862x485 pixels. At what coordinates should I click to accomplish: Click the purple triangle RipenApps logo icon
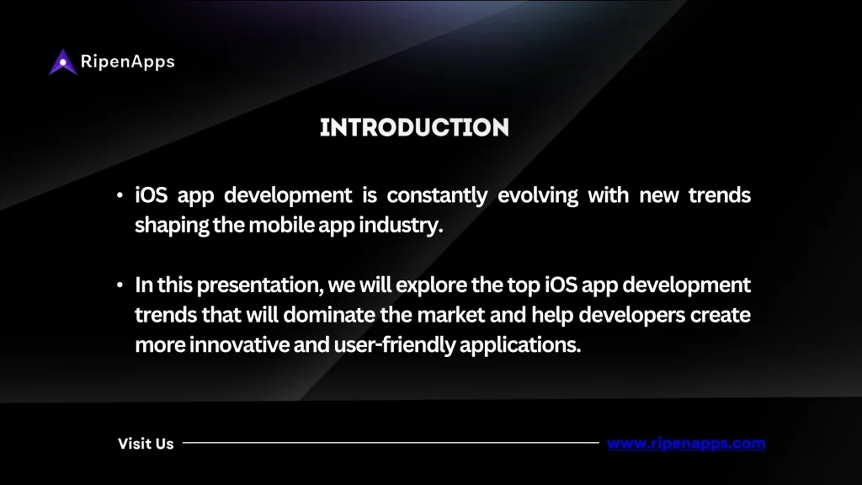(62, 62)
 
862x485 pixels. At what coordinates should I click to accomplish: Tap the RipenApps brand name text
(128, 61)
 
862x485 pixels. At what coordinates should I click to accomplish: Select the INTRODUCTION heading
(414, 128)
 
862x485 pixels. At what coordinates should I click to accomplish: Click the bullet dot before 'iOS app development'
(120, 195)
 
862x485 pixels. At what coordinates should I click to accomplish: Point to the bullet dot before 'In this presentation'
(120, 285)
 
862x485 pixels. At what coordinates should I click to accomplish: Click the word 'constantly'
(437, 195)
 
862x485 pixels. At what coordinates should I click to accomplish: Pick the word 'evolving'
(538, 195)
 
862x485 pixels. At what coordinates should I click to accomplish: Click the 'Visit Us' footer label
(146, 444)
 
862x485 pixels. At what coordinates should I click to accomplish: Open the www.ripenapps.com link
(686, 444)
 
